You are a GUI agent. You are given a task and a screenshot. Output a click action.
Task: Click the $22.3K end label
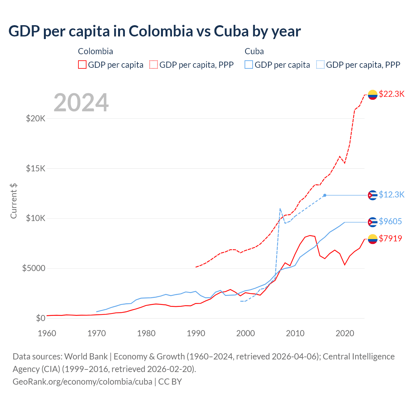[x=391, y=94]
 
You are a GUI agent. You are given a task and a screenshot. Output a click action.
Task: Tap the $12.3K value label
[x=391, y=195]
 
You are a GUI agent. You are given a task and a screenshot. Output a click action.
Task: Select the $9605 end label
[x=390, y=221]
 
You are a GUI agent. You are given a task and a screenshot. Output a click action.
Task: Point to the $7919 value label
[x=390, y=238]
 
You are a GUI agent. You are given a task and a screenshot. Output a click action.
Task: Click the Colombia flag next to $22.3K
[x=373, y=95]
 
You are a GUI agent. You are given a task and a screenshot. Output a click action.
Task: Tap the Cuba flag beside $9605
[x=373, y=222]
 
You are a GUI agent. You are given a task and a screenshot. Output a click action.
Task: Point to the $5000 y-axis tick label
[x=34, y=268]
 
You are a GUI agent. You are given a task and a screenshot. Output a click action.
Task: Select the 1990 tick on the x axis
[x=196, y=333]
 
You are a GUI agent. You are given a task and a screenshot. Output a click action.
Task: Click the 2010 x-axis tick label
[x=295, y=333]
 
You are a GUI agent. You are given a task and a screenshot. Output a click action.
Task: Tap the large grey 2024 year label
[x=81, y=103]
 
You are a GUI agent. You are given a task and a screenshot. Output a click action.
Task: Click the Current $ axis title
[x=14, y=201]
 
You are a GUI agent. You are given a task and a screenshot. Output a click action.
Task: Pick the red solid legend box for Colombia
[x=82, y=65]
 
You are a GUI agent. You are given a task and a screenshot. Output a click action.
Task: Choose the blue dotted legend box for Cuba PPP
[x=320, y=65]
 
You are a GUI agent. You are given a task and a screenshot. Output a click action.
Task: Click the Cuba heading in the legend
[x=254, y=51]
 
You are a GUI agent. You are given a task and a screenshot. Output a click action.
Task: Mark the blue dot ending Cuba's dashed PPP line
[x=325, y=195]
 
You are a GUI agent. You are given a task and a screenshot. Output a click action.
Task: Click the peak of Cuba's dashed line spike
[x=280, y=208]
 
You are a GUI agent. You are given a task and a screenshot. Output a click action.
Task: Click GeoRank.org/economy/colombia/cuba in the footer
[x=82, y=382]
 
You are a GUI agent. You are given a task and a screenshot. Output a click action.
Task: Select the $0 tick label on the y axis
[x=40, y=318]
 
